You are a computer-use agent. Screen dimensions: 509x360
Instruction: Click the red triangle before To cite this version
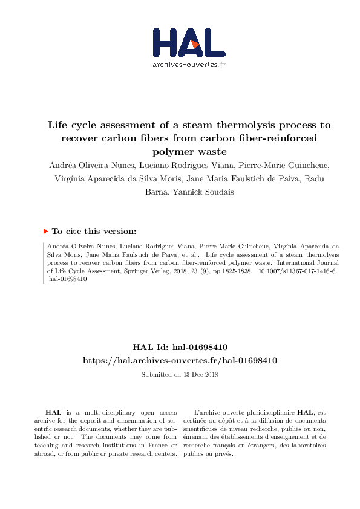pos(45,231)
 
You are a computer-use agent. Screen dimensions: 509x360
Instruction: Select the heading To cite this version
pos(94,231)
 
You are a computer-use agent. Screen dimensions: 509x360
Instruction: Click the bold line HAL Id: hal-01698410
pos(180,348)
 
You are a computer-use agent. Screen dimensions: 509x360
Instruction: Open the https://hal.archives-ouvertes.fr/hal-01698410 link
pos(180,360)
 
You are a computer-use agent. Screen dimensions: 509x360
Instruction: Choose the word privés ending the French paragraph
pos(223,454)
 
